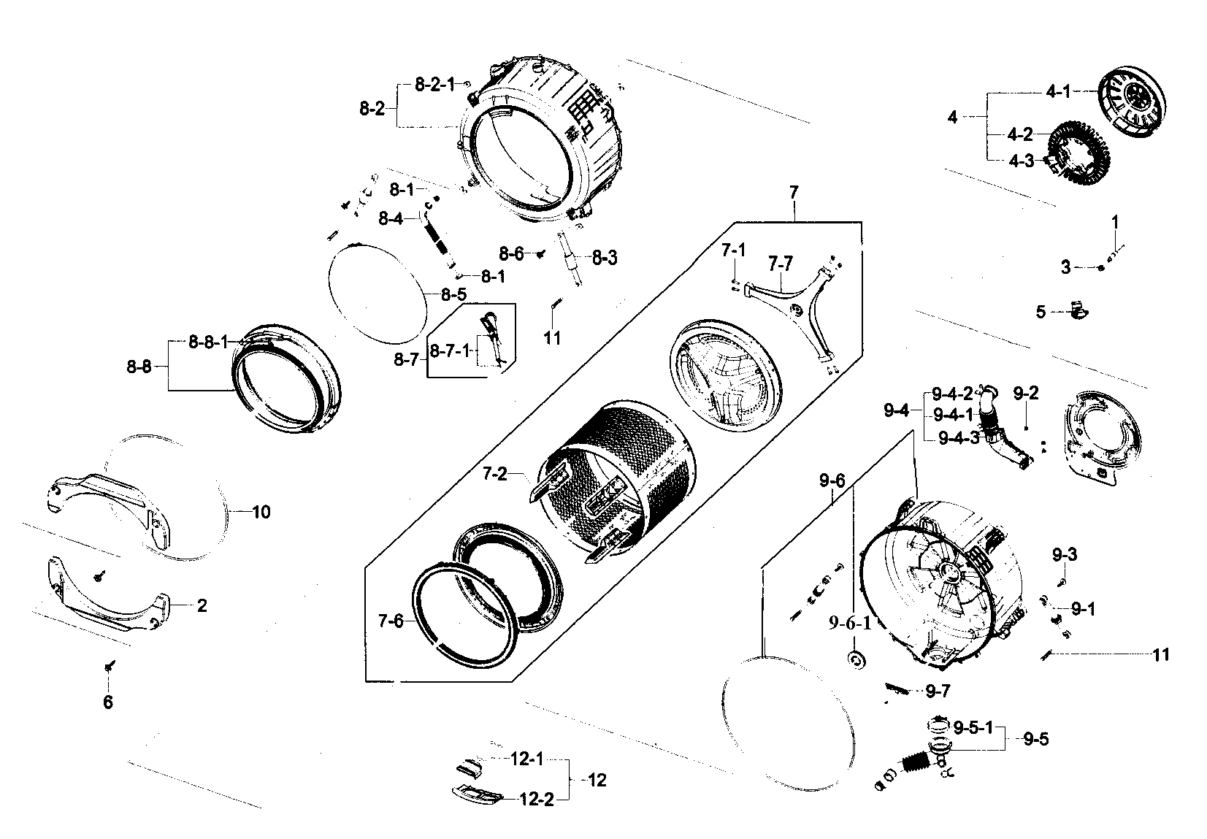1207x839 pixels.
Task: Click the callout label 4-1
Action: pos(1058,93)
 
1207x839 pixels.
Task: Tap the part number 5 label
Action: pos(1041,312)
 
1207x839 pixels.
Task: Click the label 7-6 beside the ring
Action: pos(391,621)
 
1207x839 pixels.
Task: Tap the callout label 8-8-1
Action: pos(208,341)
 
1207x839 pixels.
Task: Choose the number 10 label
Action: pos(261,512)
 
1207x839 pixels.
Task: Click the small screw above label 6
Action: pos(110,666)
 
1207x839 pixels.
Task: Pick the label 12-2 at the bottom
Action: pos(537,800)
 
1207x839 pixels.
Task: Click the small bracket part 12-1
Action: pos(468,767)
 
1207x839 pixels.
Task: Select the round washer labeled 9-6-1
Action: pos(854,659)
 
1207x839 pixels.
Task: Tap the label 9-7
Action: pos(938,691)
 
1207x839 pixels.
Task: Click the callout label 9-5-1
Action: pos(973,727)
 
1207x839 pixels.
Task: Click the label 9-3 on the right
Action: pos(1065,554)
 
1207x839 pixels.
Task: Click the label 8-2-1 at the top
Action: pos(434,85)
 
